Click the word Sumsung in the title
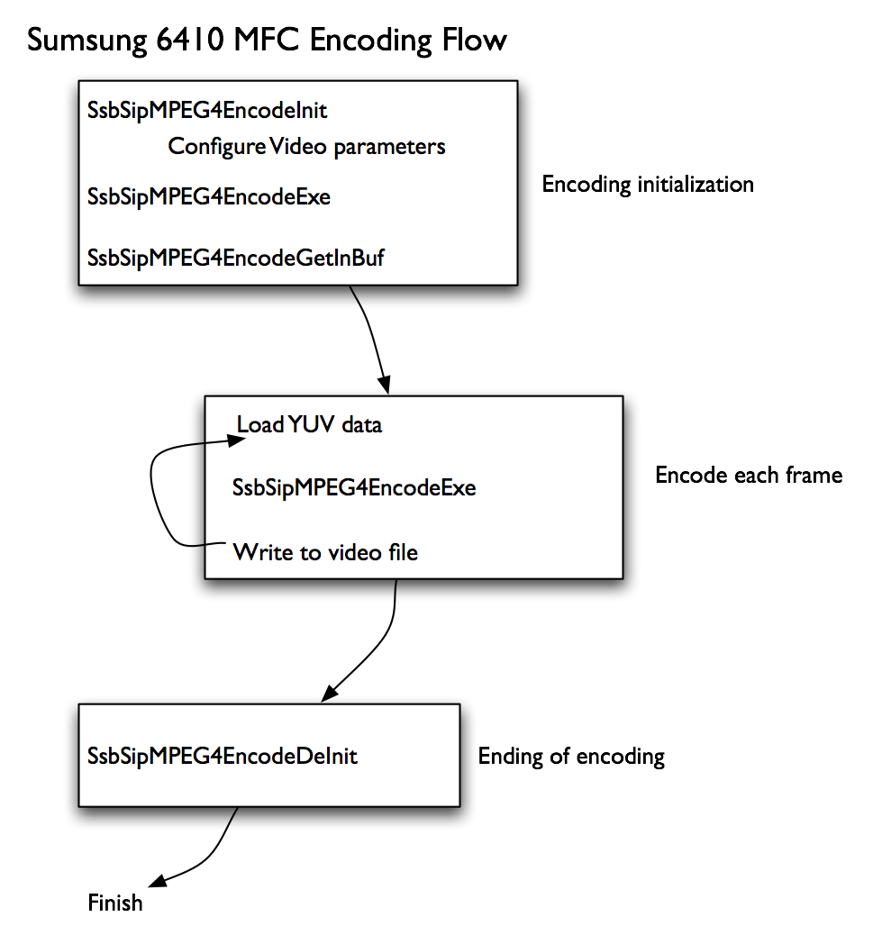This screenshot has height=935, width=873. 81,41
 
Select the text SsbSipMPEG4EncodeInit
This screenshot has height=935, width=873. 207,111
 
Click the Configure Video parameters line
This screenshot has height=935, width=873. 306,146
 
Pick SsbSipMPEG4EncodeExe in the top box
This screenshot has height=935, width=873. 209,196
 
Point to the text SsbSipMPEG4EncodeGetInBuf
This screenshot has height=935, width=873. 236,258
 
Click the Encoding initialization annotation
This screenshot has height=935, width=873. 648,185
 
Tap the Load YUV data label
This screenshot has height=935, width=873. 309,424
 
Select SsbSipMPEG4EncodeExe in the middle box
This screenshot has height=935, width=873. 354,488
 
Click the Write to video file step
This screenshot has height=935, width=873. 325,551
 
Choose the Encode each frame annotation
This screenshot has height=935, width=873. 749,475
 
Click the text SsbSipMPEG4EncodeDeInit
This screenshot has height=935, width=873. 223,755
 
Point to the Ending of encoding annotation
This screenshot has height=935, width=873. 571,756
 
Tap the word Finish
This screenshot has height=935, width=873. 115,902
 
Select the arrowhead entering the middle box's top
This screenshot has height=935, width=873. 385,384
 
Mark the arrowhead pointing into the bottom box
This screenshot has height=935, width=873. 331,692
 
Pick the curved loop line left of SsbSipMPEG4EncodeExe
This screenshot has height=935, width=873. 156,495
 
